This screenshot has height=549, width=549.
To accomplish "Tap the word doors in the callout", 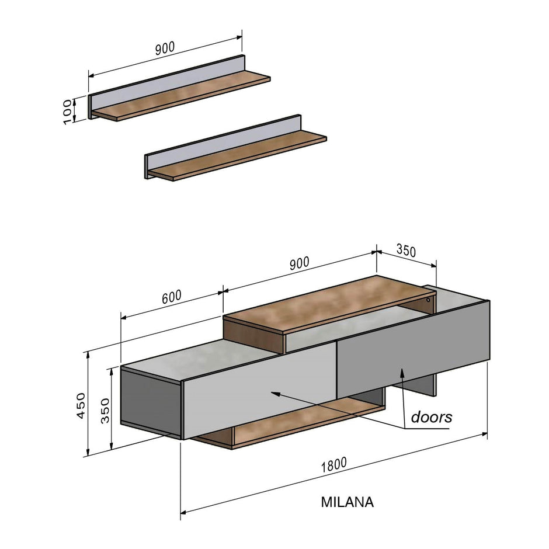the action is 431,417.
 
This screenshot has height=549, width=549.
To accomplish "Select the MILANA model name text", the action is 347,502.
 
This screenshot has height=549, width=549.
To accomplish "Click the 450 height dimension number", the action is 81,405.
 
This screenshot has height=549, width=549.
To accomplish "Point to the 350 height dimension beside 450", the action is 105,412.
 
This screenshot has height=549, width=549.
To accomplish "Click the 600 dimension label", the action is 172,297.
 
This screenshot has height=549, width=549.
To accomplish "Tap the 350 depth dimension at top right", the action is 406,251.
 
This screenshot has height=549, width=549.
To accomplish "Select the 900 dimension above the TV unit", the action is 298,263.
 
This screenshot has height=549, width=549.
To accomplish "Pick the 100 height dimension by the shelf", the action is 68,111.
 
